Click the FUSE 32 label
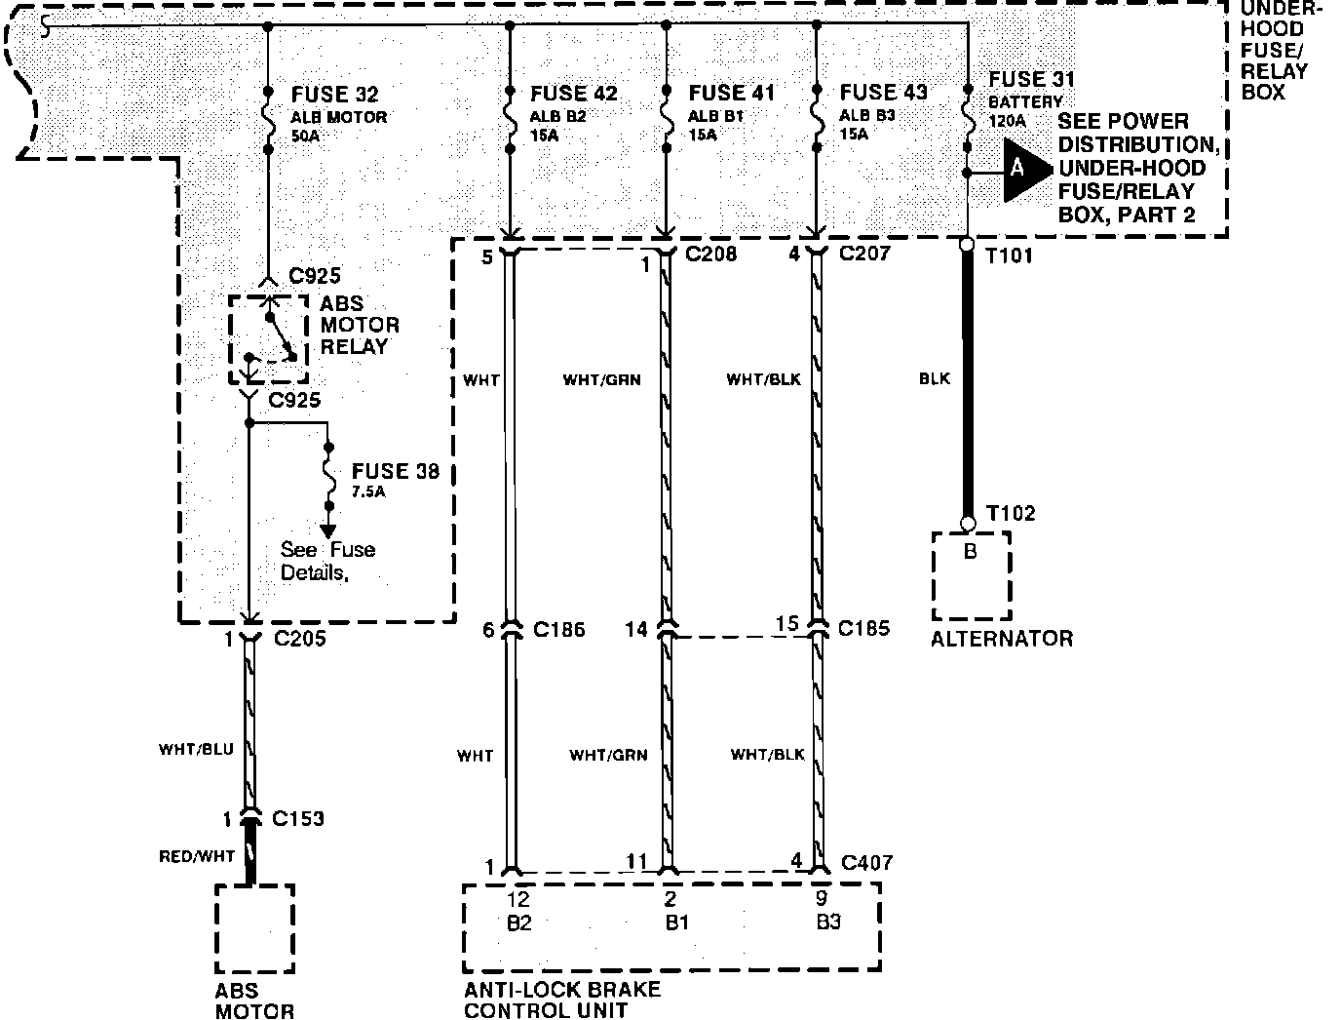point(334,95)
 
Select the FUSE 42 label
point(573,94)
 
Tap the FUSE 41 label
point(731,93)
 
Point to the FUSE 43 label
point(883,93)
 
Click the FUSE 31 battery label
point(1031,79)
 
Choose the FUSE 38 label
point(395,471)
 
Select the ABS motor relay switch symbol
point(268,338)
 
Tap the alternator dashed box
point(971,575)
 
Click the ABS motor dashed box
point(254,928)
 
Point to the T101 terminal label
point(1009,256)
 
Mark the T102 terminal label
point(1011,513)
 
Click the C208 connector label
point(710,255)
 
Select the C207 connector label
point(863,255)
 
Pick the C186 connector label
point(558,629)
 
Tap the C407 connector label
point(866,862)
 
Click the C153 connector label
point(298,818)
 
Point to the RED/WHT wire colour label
point(197,857)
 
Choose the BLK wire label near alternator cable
point(934,378)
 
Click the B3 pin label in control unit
point(827,922)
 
